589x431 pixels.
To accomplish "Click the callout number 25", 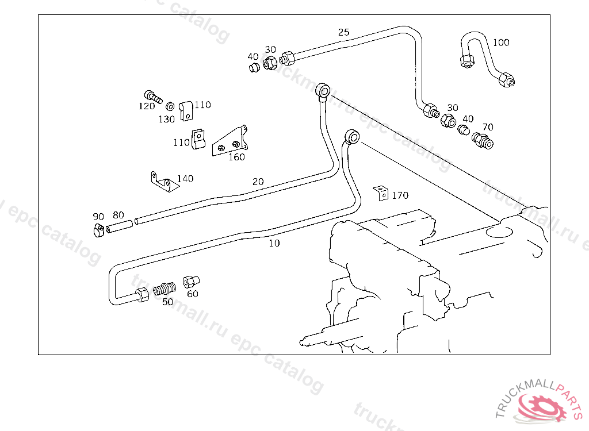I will click(x=343, y=32).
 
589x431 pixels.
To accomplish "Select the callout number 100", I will click(x=501, y=42).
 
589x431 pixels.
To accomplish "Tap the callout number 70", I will click(x=488, y=127).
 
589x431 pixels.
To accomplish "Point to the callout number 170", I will click(x=400, y=195).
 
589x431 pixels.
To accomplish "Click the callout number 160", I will click(x=236, y=157).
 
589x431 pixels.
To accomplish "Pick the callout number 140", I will click(x=185, y=179).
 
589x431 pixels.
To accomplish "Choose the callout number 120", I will click(x=147, y=106).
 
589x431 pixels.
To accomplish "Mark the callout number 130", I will click(x=167, y=119).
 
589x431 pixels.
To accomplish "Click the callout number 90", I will click(x=98, y=217).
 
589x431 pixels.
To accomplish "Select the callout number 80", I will click(x=118, y=215).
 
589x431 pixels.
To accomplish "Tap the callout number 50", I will click(x=167, y=302).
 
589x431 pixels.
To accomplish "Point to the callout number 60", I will click(x=193, y=294).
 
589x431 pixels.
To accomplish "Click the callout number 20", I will click(x=258, y=182).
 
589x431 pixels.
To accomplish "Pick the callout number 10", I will click(x=274, y=243).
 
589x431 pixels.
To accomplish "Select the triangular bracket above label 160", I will click(x=230, y=141).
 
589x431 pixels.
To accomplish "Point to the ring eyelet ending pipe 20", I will click(x=323, y=90).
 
